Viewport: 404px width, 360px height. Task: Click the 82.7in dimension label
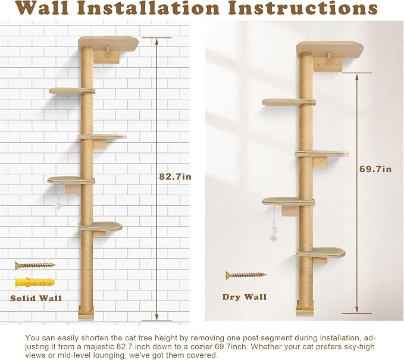point(175,177)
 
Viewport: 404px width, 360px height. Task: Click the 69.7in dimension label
point(375,169)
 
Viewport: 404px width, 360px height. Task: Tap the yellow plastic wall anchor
point(35,283)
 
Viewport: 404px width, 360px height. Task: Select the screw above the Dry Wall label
point(246,276)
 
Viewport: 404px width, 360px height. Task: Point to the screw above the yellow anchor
point(35,265)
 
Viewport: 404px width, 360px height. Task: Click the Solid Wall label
point(36,298)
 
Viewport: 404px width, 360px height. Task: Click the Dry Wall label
point(245,297)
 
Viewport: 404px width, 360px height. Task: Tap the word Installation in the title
point(151,8)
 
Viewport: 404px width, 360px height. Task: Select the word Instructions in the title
point(303,8)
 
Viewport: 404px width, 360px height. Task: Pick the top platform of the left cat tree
point(108,43)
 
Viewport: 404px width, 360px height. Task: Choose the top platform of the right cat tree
point(330,49)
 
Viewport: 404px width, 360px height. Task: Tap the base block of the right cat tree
point(305,308)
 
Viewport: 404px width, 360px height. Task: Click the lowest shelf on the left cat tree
point(101,226)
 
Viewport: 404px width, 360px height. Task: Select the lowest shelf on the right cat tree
point(321,252)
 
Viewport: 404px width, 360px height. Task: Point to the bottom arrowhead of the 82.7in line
point(156,318)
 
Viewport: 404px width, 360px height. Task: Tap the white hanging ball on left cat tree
point(58,206)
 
